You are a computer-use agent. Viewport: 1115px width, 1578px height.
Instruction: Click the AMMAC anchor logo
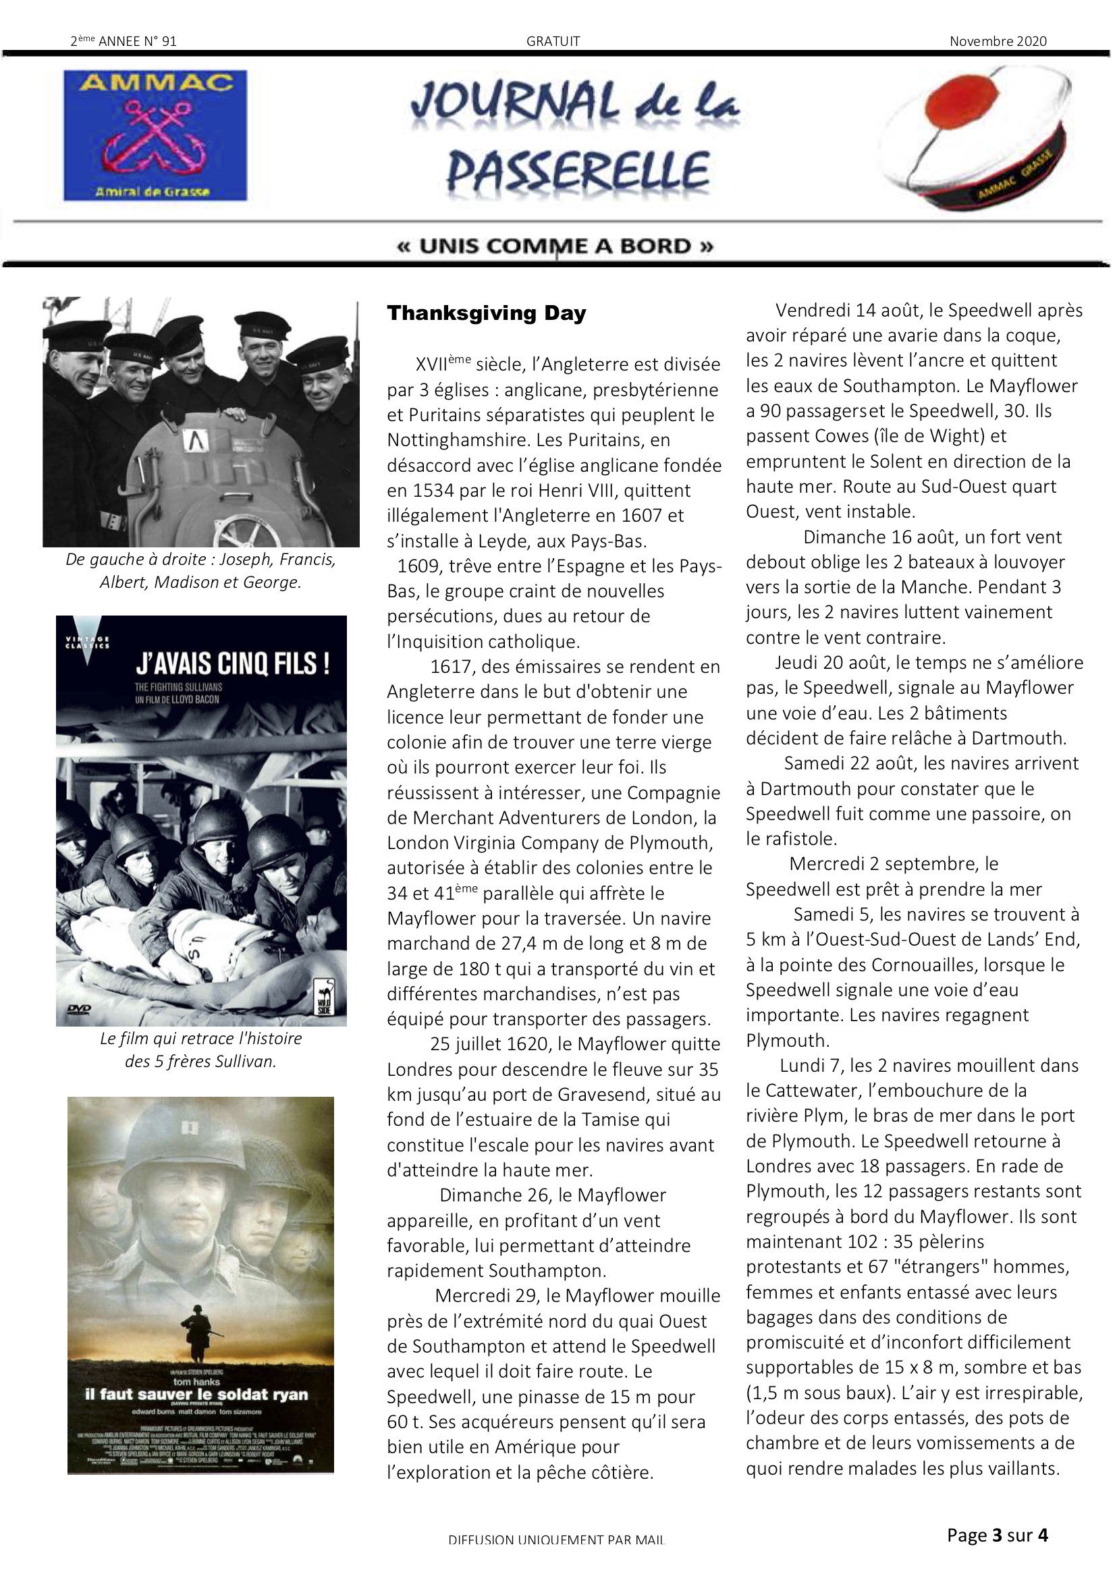[x=155, y=136]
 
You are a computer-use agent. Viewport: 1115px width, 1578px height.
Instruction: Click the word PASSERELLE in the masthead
[x=578, y=171]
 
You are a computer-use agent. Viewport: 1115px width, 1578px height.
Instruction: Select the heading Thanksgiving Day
[x=486, y=313]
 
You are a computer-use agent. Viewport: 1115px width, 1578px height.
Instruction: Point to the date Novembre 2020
[x=998, y=41]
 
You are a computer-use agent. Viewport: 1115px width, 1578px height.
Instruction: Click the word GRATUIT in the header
[x=553, y=41]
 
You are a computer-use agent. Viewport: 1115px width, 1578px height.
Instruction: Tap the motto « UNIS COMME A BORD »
[x=555, y=246]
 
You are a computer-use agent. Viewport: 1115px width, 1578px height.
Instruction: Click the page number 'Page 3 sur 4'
[x=997, y=1535]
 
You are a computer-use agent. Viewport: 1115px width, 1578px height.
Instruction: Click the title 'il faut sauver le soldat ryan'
[x=196, y=1394]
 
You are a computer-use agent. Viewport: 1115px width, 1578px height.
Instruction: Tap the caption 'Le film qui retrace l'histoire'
[x=200, y=1039]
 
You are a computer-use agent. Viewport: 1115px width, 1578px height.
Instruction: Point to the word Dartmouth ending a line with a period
[x=1017, y=739]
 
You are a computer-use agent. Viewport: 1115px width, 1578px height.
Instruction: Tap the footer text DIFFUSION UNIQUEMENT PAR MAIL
[x=556, y=1540]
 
